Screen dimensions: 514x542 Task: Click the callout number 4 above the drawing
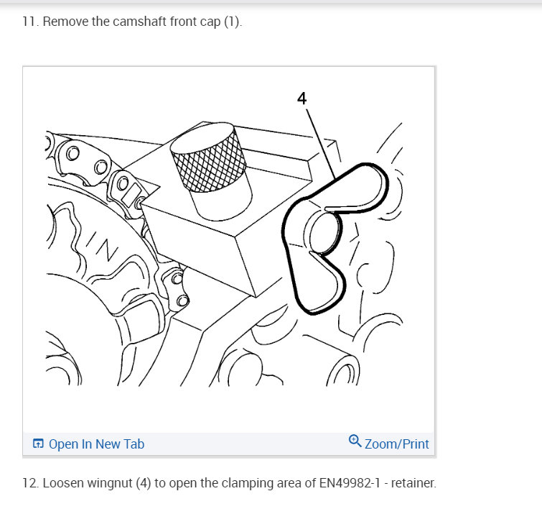point(302,99)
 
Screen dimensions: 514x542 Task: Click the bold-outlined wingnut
point(332,237)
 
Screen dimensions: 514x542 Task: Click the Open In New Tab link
point(96,444)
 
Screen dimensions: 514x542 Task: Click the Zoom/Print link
point(396,444)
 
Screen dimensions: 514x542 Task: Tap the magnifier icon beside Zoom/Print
point(355,441)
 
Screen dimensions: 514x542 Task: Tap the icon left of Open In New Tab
point(39,444)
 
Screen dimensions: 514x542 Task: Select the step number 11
point(30,22)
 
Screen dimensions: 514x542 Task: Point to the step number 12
point(30,483)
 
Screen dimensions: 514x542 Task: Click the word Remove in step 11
point(66,22)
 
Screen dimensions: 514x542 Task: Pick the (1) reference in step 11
point(233,22)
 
